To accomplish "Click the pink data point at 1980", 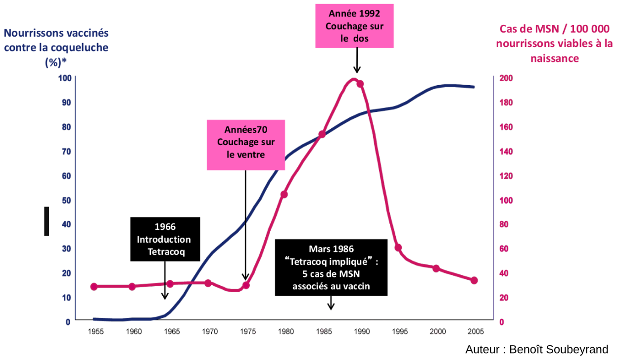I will tap(284, 195).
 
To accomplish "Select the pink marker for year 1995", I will tap(398, 248).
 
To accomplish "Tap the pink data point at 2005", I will tap(474, 280).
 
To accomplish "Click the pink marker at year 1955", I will tap(94, 286).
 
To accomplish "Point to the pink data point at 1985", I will tap(322, 134).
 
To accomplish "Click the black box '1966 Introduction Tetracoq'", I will tap(165, 239).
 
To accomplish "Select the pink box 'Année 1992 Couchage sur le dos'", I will tap(354, 26).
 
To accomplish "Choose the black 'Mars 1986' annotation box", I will tap(332, 267).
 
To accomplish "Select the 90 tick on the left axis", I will tap(66, 102).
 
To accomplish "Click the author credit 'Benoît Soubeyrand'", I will tap(536, 350).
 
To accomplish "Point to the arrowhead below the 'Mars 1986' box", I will tap(331, 307).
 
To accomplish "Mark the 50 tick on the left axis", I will tap(66, 200).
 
